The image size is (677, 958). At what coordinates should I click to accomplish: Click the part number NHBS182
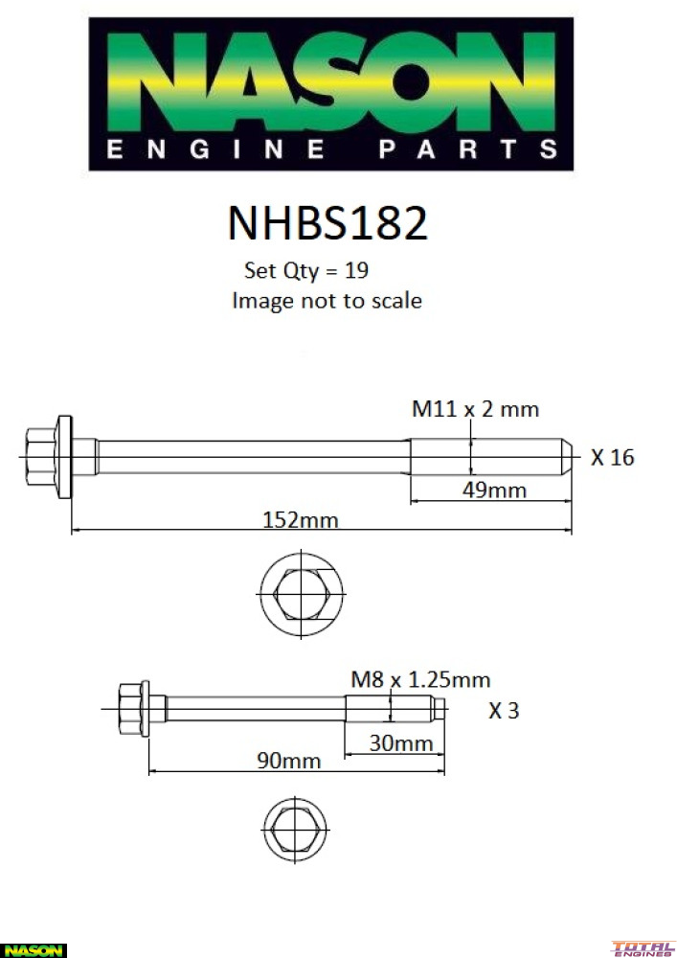tap(327, 222)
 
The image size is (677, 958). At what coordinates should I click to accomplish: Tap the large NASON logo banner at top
tap(331, 94)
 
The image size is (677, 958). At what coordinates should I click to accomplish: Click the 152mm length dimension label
tap(300, 520)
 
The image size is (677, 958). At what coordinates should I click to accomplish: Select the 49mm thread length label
tap(494, 490)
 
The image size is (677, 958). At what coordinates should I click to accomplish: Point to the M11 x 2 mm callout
tap(476, 409)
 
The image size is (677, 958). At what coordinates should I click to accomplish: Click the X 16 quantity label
tap(612, 457)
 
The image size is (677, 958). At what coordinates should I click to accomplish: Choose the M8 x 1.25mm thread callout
tap(420, 679)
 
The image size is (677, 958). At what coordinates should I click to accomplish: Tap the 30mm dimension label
tap(401, 743)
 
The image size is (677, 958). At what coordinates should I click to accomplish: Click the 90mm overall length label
tap(288, 761)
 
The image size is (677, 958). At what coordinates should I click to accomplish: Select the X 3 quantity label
tap(504, 711)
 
